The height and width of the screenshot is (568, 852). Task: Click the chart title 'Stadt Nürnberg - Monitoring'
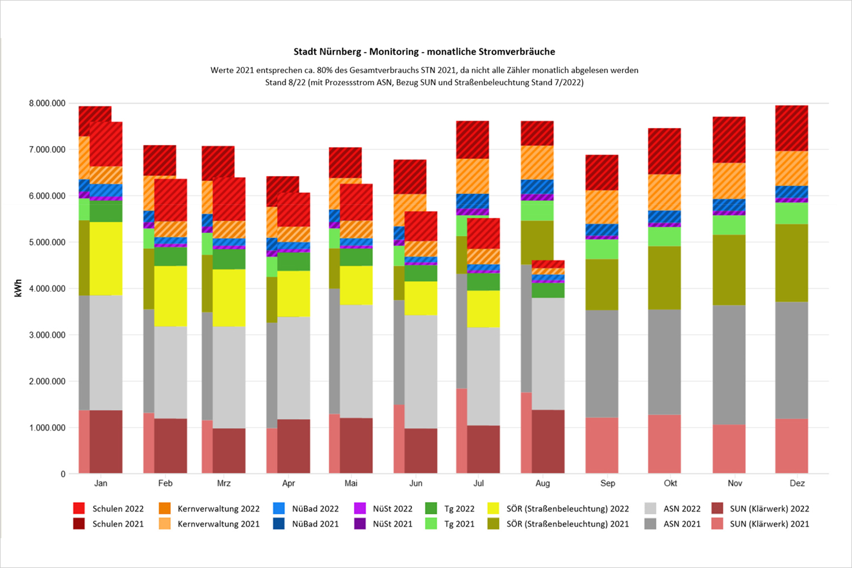point(424,52)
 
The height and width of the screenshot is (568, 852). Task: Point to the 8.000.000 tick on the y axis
point(47,103)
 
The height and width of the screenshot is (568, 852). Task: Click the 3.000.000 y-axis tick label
point(47,335)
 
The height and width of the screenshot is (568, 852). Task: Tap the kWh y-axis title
point(18,289)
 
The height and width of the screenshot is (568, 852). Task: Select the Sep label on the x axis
point(607,483)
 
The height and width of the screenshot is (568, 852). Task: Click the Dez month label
point(797,483)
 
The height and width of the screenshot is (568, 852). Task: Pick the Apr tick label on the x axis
point(289,483)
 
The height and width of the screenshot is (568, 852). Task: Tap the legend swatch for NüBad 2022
point(279,509)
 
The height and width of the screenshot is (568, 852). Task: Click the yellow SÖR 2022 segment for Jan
point(106,258)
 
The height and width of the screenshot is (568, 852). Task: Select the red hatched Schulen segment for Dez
point(791,128)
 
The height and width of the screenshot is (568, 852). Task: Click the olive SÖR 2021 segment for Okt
point(664,278)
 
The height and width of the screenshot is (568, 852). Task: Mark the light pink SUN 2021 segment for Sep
point(602,446)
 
